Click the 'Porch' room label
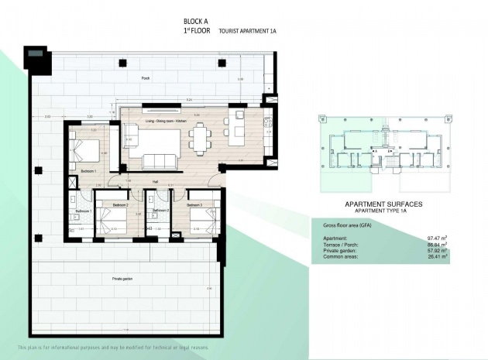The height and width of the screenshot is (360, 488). click(145, 79)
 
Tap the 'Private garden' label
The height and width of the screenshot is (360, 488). click(125, 276)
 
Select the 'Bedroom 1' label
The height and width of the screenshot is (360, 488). click(87, 170)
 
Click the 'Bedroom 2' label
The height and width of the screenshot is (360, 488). click(120, 204)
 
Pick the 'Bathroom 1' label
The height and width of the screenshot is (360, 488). click(82, 211)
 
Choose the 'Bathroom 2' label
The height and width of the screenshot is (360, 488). click(160, 211)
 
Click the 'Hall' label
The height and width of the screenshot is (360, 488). click(155, 182)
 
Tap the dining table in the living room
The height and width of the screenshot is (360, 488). click(201, 140)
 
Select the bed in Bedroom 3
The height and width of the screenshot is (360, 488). click(203, 220)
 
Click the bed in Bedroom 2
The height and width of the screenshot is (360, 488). click(114, 221)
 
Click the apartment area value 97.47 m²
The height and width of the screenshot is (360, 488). click(438, 238)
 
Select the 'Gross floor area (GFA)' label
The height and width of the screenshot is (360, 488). click(348, 225)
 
